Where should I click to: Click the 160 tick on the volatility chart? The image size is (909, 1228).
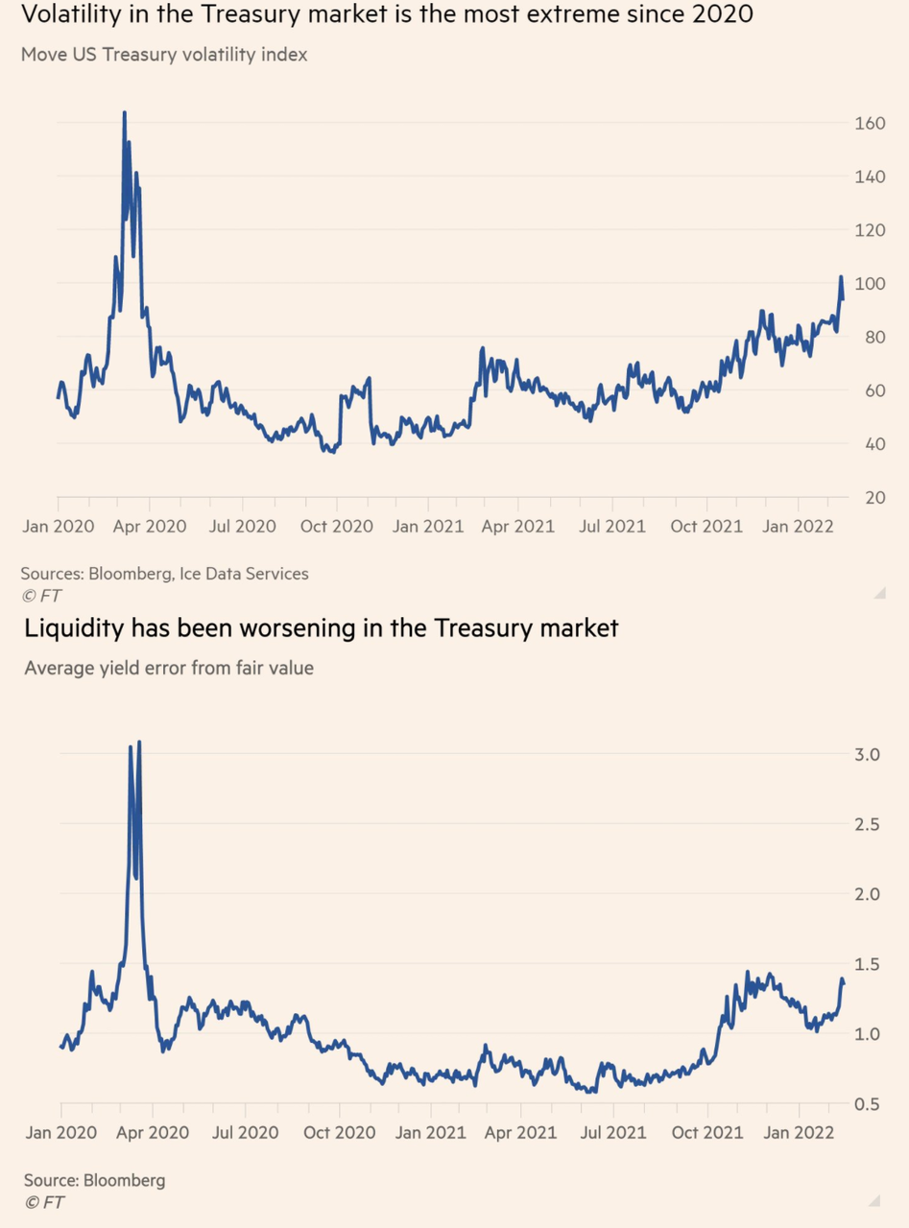[x=869, y=123]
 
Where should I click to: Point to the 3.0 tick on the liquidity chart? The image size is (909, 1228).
[x=867, y=754]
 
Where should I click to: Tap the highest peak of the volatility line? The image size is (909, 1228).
[x=124, y=113]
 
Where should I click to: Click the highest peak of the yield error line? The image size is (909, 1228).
[x=139, y=742]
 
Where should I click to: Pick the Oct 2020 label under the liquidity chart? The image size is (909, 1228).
[x=340, y=1133]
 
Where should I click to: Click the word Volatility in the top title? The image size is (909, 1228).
[x=71, y=14]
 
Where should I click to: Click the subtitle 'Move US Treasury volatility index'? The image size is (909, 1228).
[x=164, y=55]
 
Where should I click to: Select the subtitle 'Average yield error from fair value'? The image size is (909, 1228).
[x=169, y=667]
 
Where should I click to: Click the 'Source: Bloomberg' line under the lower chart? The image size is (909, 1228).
[x=94, y=1180]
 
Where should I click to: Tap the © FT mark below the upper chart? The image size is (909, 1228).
[x=40, y=596]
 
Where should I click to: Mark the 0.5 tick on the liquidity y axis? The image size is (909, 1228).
[x=867, y=1104]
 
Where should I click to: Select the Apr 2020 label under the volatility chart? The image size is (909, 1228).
[x=152, y=526]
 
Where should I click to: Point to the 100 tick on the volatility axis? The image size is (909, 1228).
[x=869, y=283]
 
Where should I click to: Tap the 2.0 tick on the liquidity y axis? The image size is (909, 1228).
[x=867, y=894]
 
